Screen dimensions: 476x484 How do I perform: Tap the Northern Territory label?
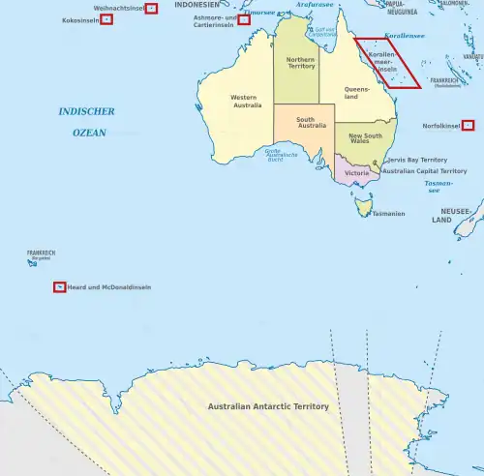300,64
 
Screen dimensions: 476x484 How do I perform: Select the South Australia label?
305,123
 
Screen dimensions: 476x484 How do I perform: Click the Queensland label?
358,93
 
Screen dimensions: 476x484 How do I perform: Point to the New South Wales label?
366,139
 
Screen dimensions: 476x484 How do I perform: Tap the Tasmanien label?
388,214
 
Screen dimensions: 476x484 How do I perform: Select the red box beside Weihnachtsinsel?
151,9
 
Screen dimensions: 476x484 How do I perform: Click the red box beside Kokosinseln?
106,19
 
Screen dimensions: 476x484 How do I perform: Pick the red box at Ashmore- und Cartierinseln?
244,19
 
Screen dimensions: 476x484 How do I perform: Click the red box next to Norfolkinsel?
469,125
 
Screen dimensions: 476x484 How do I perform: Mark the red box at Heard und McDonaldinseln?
60,287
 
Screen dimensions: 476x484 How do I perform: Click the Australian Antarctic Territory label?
268,406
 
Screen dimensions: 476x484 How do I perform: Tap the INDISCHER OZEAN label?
87,122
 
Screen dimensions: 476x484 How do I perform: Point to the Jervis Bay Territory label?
416,160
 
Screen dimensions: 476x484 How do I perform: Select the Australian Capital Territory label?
425,171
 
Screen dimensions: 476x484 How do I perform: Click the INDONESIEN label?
197,5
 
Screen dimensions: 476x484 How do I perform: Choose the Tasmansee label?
439,185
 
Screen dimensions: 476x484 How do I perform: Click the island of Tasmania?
364,204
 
